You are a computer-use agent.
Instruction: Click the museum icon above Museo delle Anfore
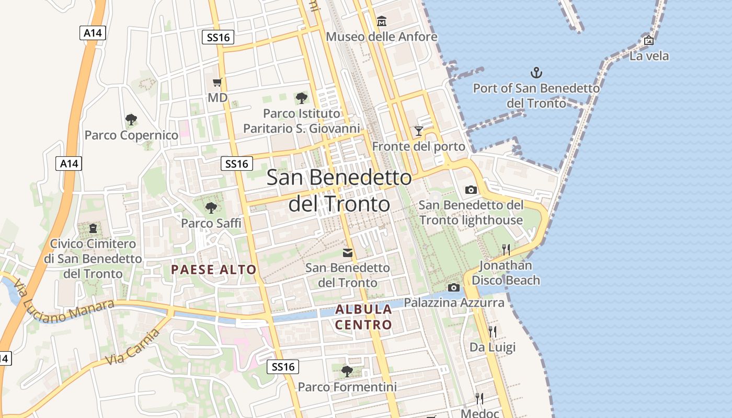click(x=382, y=21)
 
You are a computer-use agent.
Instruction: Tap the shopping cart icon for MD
click(x=218, y=82)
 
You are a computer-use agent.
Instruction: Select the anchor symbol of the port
click(x=536, y=72)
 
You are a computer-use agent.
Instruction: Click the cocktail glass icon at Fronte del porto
click(x=418, y=131)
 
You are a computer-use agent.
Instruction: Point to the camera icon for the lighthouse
click(x=471, y=190)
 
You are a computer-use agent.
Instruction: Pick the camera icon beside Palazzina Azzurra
click(x=453, y=287)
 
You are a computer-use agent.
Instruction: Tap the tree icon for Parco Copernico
click(x=131, y=120)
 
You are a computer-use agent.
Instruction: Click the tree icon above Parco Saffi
click(x=211, y=208)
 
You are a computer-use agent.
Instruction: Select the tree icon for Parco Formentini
click(x=347, y=371)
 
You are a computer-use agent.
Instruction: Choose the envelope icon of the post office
click(x=347, y=253)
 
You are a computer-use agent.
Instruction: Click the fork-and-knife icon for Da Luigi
click(x=492, y=331)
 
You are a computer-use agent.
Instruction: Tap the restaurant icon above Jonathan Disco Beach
click(x=506, y=250)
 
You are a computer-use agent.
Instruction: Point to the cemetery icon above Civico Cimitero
click(x=93, y=228)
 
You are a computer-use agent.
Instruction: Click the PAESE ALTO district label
click(x=214, y=270)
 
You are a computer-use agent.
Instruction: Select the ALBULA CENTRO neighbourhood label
click(x=363, y=317)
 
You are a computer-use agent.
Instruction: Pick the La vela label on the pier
click(x=649, y=56)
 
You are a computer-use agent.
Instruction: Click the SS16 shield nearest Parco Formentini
click(x=283, y=367)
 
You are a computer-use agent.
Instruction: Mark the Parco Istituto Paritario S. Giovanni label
click(x=302, y=121)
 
